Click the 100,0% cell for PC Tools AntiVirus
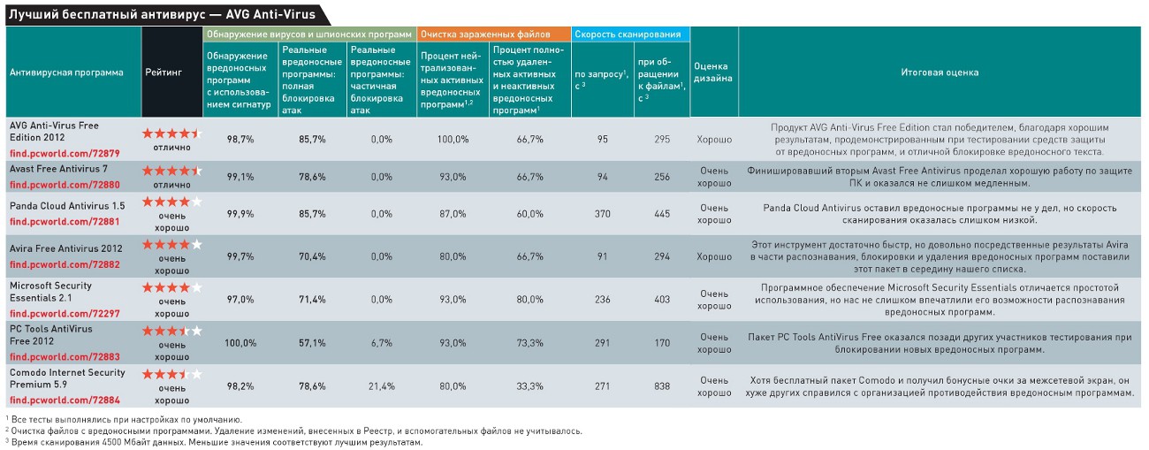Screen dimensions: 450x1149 tap(240, 343)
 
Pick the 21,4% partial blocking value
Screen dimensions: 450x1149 tap(382, 386)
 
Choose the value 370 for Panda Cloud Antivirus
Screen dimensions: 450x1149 tap(603, 214)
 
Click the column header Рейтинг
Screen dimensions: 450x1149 tap(164, 72)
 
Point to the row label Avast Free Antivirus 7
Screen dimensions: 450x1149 tap(58, 168)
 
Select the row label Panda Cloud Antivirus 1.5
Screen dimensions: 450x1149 tap(67, 205)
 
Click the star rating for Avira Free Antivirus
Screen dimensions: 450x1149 tap(172, 244)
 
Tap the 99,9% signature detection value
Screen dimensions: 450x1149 tap(240, 214)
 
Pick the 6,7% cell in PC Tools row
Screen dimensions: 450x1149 tap(382, 343)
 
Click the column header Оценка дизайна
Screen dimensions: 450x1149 tap(712, 72)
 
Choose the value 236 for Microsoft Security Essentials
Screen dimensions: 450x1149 tap(603, 300)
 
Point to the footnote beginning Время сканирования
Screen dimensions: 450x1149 tap(217, 441)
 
